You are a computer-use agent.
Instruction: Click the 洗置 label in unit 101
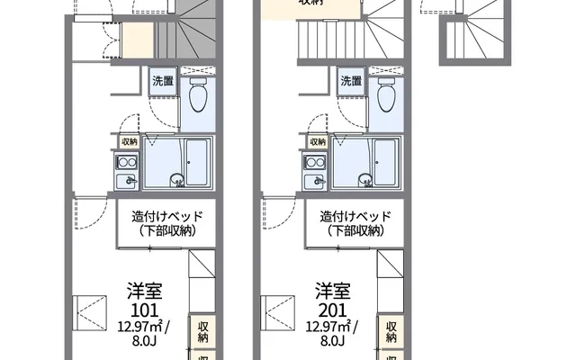163,82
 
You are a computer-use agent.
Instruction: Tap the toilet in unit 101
199,94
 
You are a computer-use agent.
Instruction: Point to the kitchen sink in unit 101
127,181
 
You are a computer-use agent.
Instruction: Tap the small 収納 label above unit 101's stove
129,142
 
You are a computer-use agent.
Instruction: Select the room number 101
144,310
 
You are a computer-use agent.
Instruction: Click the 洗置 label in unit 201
352,82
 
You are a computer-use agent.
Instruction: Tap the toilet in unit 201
388,94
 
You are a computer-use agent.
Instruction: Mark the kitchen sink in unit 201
316,181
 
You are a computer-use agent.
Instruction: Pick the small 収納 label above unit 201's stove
318,142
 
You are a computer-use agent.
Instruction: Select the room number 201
333,310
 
